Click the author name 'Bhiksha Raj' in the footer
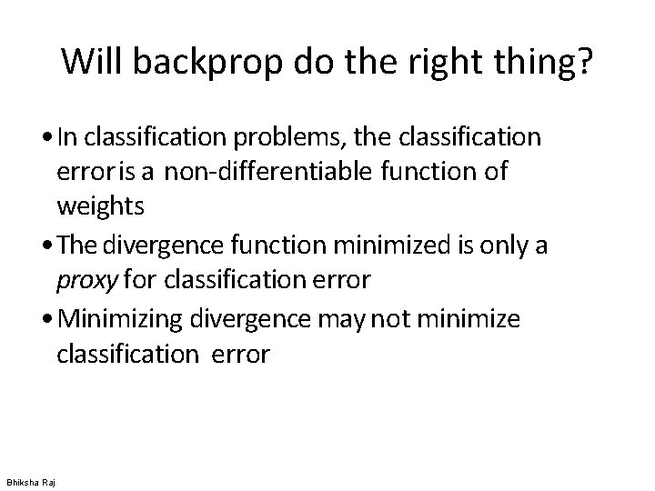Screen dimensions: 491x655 30,481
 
